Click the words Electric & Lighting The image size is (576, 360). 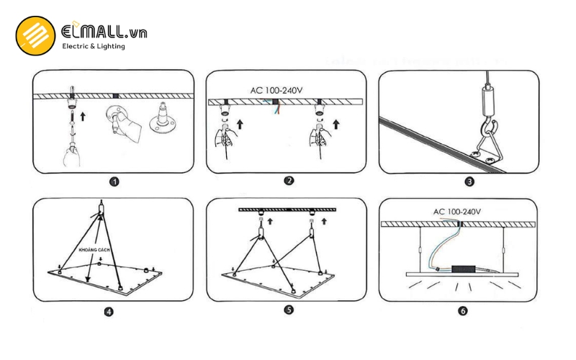94,46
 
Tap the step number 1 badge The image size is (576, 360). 114,181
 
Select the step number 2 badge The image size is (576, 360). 289,181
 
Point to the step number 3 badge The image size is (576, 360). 469,181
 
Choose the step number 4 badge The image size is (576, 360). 109,312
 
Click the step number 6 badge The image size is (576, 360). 462,312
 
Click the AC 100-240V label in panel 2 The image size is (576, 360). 277,91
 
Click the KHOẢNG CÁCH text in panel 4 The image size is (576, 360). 94,249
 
